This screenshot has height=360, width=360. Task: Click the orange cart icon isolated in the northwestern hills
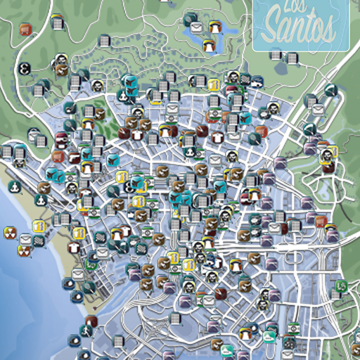click(26, 29)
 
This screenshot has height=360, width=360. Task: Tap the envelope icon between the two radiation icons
click(25, 240)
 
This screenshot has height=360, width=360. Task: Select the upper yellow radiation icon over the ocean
click(10, 231)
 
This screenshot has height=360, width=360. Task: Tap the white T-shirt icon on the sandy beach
click(72, 247)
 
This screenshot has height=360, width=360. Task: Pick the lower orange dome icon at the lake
click(209, 45)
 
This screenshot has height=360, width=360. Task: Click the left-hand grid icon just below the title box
click(275, 54)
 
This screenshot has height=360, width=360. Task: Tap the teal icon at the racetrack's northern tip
click(330, 90)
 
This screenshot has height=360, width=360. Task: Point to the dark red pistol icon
click(124, 131)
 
